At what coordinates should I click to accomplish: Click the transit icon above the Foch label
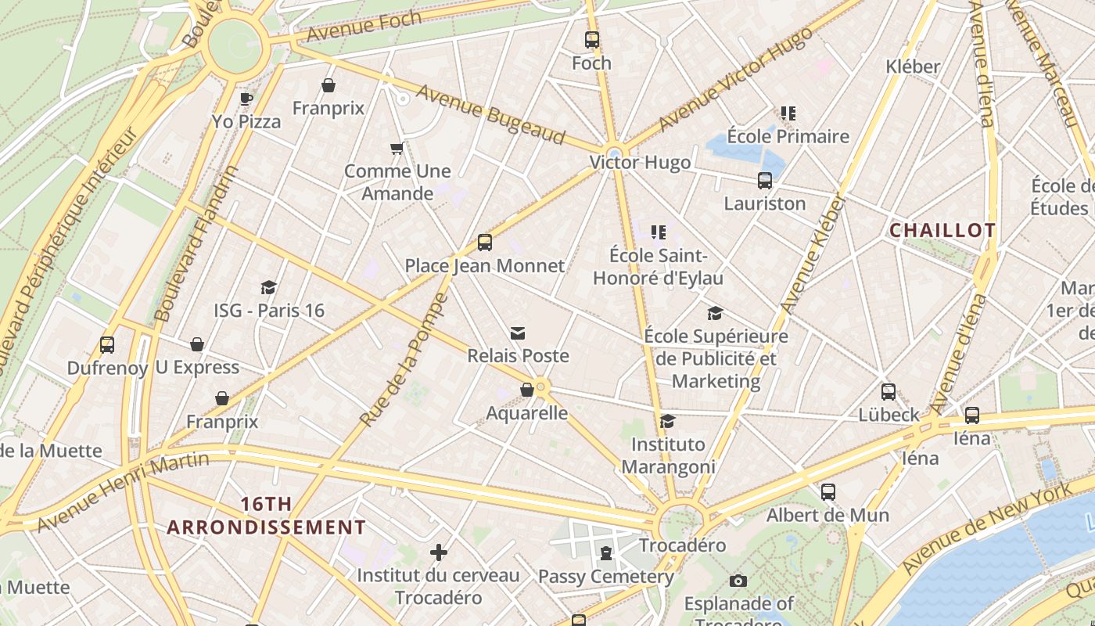click(x=592, y=40)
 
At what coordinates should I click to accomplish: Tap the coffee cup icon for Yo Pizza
click(x=246, y=99)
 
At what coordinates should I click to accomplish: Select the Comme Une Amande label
click(x=397, y=182)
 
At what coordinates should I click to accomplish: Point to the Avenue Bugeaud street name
click(x=490, y=114)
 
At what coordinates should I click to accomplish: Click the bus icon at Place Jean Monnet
click(x=485, y=243)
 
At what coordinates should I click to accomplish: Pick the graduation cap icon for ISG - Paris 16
click(x=269, y=287)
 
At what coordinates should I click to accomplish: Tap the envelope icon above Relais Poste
click(x=517, y=333)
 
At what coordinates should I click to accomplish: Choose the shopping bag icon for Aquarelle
click(x=527, y=390)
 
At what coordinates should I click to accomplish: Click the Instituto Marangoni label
click(x=668, y=455)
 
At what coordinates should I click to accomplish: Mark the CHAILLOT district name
click(x=942, y=230)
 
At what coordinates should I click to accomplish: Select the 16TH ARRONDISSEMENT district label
click(x=266, y=516)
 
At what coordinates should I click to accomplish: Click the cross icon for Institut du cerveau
click(x=439, y=552)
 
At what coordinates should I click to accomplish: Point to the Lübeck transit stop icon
click(x=889, y=392)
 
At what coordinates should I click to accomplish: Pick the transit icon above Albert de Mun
click(x=828, y=492)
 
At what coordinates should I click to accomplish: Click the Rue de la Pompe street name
click(x=404, y=360)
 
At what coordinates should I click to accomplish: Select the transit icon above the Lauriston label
click(x=765, y=181)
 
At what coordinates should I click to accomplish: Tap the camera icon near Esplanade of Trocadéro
click(x=738, y=581)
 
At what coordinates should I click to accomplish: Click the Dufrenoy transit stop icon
click(x=107, y=344)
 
